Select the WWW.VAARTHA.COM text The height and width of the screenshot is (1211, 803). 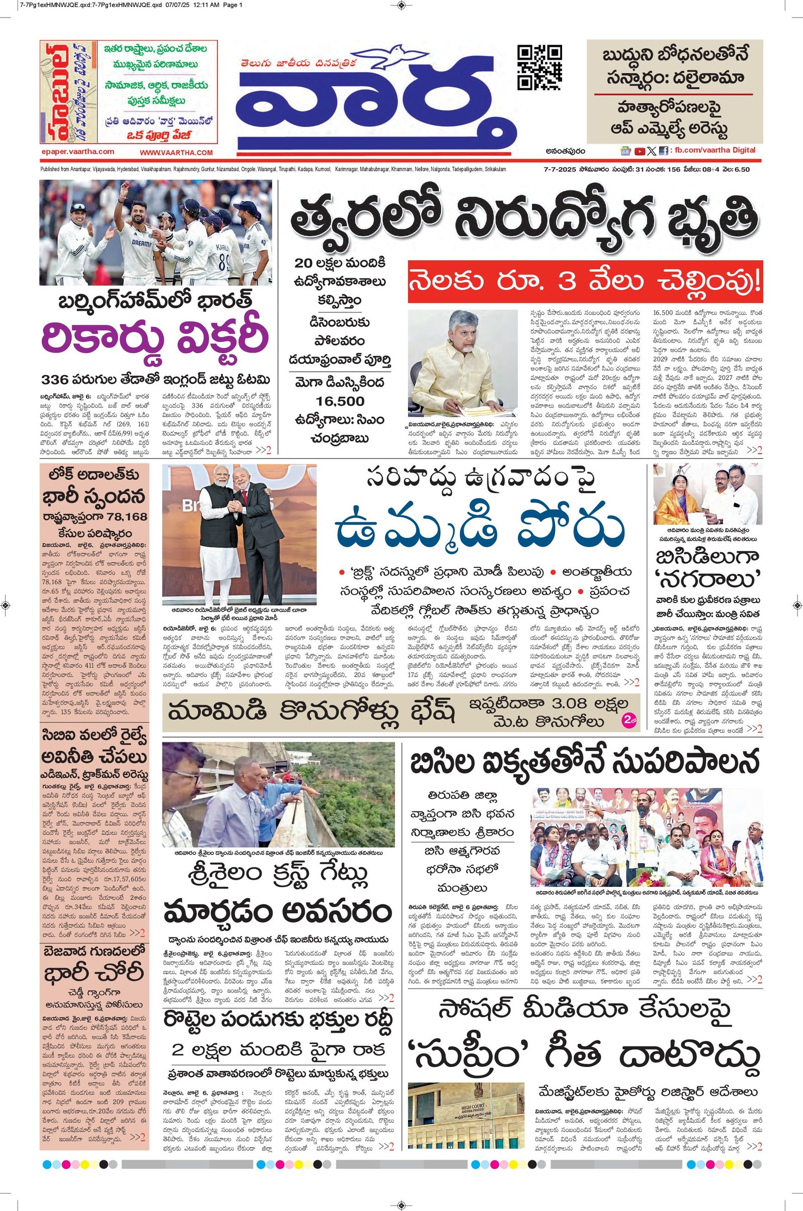(x=176, y=153)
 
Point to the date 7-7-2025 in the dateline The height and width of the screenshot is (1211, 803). (x=560, y=170)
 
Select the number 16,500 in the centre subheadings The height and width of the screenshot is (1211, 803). (x=340, y=401)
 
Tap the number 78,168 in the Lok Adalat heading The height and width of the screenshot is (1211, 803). (x=122, y=516)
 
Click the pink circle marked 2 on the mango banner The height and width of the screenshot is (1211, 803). (x=628, y=720)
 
